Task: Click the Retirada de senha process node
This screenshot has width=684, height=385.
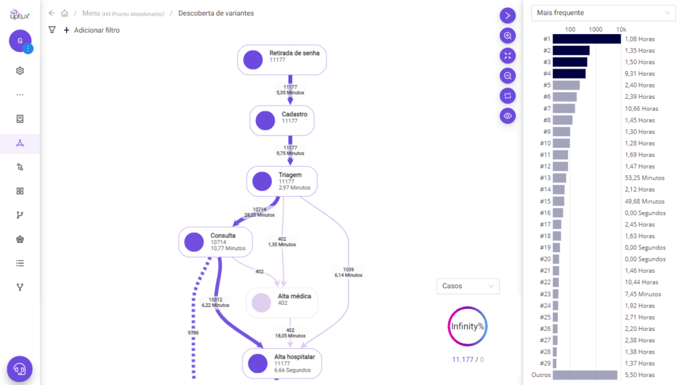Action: coord(282,59)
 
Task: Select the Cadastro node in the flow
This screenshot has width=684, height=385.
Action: coord(282,120)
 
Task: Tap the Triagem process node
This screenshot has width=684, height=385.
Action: coord(282,181)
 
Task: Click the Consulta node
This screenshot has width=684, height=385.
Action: coord(216,242)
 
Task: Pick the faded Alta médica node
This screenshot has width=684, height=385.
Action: coord(282,303)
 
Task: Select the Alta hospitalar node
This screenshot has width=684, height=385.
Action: coord(282,363)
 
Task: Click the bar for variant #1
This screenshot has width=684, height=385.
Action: coord(586,39)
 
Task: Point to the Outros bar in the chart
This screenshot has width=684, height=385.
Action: coord(585,375)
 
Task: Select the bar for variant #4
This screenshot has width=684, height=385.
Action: coord(569,74)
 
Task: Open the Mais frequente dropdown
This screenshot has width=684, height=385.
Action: coord(603,13)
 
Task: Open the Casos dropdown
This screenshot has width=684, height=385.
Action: coord(468,286)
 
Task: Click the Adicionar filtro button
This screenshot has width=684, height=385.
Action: coord(92,30)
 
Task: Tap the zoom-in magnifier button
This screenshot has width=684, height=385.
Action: coord(508,36)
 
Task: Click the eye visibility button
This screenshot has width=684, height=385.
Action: coord(508,116)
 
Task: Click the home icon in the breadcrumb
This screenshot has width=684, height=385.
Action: coord(65,13)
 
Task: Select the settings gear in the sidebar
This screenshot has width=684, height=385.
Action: coord(20,71)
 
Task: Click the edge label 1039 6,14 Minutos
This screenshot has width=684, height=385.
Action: coord(348,273)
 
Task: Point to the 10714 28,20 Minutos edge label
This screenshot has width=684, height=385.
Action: coord(260,212)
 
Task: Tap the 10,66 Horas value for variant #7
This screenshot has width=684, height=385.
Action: coord(642,109)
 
